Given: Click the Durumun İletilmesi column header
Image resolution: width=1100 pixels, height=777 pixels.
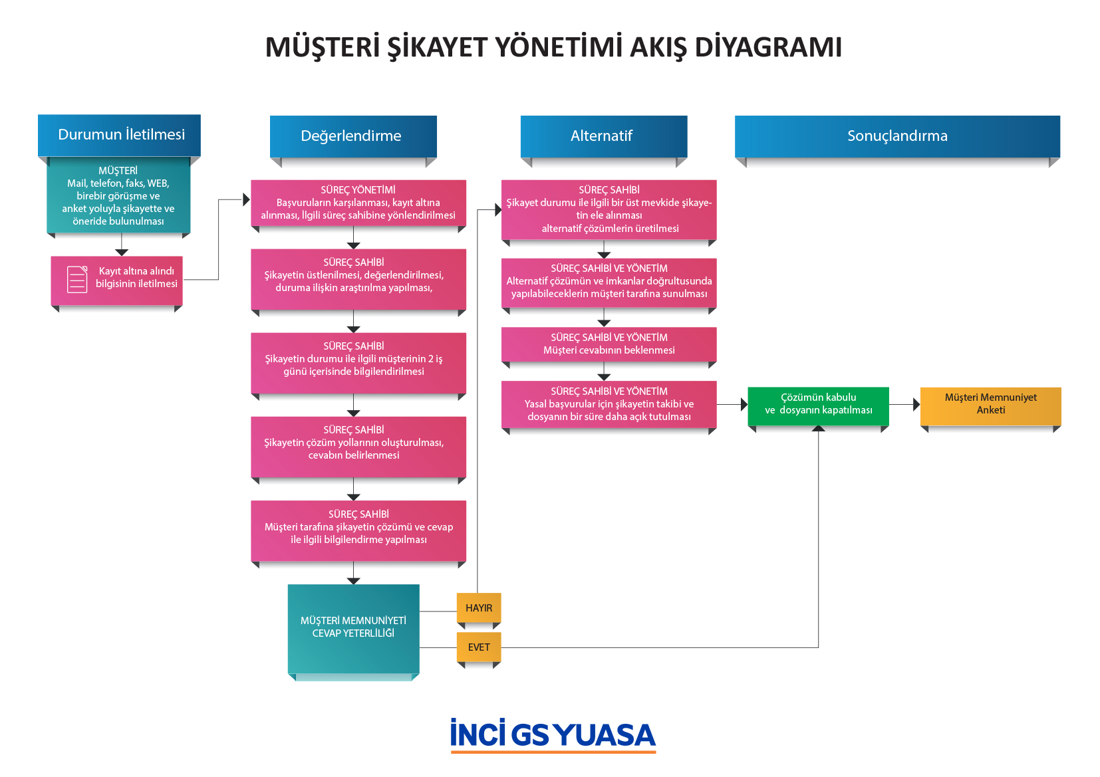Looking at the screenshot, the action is point(119,135).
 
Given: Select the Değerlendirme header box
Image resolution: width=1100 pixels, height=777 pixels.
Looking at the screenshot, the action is point(353,136).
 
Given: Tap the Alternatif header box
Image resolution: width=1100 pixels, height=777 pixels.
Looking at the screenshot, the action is point(603,136).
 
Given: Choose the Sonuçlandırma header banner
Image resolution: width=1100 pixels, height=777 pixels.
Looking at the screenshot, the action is point(897,136).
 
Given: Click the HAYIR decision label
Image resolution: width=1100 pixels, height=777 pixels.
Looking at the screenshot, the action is point(479,608).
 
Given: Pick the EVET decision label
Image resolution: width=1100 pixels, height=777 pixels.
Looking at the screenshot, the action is point(479,647).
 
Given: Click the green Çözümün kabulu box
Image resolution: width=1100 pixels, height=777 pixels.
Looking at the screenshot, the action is point(818,406).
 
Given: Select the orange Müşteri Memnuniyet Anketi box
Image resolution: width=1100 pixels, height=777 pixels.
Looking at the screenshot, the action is point(990,406).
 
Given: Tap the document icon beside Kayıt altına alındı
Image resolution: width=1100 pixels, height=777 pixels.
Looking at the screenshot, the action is point(77,279).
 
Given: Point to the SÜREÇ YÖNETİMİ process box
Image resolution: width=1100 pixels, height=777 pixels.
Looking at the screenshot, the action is point(358,203).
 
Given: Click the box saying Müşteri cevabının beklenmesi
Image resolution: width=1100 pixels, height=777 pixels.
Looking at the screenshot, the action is point(609,344).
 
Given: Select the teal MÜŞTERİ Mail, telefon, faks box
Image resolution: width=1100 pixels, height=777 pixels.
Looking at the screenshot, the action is point(118,195).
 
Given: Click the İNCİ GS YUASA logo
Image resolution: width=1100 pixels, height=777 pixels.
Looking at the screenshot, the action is point(553,734).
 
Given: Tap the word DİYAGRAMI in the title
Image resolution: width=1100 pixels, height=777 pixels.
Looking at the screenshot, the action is point(768,47).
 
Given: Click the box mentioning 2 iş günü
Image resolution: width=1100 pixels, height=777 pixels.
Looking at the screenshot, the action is point(358,363).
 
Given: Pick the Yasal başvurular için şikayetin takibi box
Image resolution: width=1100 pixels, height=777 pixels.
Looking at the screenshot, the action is point(609,405).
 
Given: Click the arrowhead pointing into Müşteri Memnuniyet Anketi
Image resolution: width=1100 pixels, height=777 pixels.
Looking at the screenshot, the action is point(916,405).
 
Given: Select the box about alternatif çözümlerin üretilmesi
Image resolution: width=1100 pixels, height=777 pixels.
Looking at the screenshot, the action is point(609,209).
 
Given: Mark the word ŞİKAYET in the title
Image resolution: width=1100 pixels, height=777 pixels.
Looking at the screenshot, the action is point(436,47).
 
